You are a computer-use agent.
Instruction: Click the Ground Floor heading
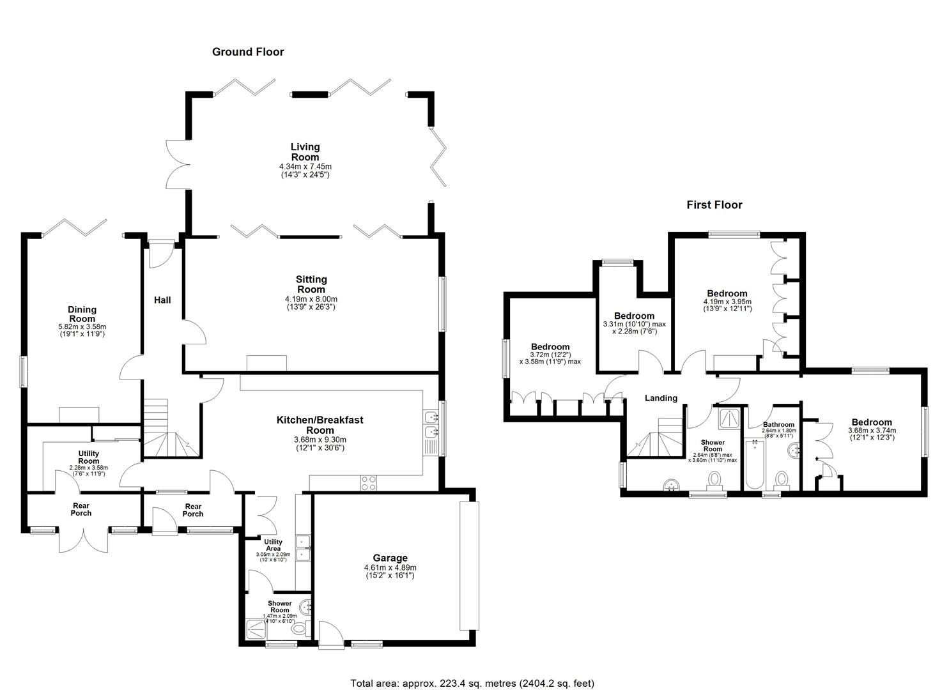pos(248,52)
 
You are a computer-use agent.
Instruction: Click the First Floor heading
pos(714,205)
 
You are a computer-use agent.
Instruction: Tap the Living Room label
pos(305,152)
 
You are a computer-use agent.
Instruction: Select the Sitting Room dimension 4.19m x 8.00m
pos(311,299)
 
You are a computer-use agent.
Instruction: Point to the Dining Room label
pos(82,314)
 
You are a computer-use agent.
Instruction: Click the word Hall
pos(162,300)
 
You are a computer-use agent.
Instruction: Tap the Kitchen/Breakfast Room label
pos(320,425)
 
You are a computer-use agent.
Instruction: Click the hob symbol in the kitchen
pos(369,483)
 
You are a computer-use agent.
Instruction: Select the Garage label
pos(390,558)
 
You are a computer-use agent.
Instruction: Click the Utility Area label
pos(273,545)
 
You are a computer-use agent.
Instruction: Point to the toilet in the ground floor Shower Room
pos(301,628)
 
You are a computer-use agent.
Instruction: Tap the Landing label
pos(661,398)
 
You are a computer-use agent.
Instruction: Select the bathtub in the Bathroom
pos(753,464)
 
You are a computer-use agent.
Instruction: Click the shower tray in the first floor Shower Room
pos(729,418)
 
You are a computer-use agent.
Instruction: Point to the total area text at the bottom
pos(472,671)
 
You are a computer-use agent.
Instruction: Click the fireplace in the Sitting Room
pos(266,364)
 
